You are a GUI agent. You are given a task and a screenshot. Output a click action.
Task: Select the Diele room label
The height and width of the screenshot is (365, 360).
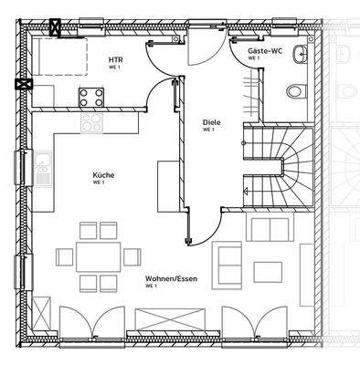pyautogui.click(x=209, y=121)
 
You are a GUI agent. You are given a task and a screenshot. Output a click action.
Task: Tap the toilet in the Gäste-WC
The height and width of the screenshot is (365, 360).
pyautogui.click(x=294, y=92)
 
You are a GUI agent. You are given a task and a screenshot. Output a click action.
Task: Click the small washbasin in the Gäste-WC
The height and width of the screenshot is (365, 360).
pyautogui.click(x=300, y=57)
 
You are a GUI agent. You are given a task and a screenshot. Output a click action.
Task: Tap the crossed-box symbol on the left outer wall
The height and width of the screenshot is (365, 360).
pyautogui.click(x=20, y=85)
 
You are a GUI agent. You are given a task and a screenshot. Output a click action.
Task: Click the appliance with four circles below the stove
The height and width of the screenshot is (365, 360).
pyautogui.click(x=92, y=120)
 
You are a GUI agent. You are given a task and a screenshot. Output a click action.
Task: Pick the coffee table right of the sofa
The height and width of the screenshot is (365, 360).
pyautogui.click(x=268, y=271)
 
